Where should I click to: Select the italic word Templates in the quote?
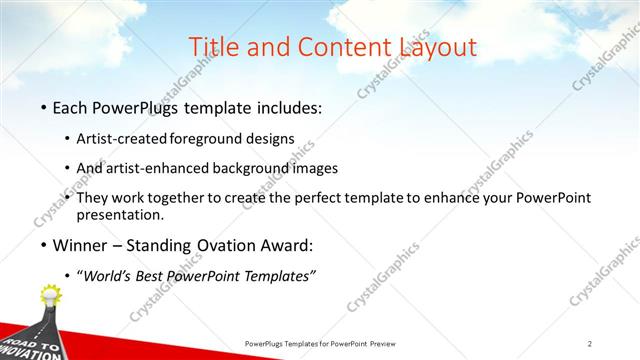(x=282, y=277)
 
